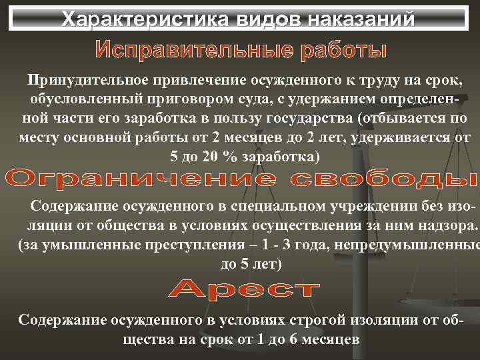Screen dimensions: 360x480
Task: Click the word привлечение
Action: [x=200, y=81]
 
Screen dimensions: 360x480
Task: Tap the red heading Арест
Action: [x=243, y=289]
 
